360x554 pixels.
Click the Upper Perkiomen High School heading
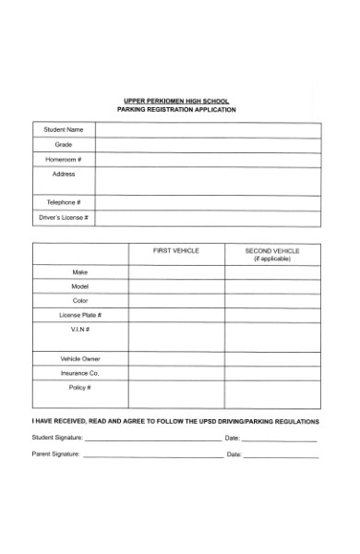(176, 101)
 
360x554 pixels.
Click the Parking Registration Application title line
(176, 110)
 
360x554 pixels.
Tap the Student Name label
(64, 130)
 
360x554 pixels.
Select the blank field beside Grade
(207, 145)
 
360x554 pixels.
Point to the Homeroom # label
(64, 160)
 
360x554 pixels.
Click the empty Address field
(207, 180)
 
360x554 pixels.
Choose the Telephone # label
(64, 202)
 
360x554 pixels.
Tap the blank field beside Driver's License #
(207, 218)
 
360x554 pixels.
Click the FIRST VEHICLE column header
(175, 251)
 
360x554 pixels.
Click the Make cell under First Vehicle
(175, 272)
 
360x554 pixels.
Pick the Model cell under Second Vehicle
(271, 287)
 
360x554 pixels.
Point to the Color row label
(79, 301)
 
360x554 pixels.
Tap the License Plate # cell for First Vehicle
(175, 316)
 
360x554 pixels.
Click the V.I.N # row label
(79, 330)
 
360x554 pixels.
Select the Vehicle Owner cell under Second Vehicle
(271, 358)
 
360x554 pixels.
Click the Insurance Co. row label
(79, 373)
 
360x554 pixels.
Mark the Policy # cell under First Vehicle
(175, 394)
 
